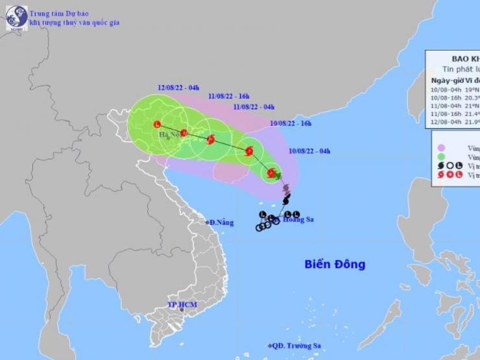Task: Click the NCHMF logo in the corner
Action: (x=17, y=18)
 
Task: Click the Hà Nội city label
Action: (x=170, y=135)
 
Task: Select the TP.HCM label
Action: (x=182, y=304)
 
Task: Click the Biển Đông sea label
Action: (x=335, y=264)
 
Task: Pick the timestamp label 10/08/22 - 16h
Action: (x=291, y=123)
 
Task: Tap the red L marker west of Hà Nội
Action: (x=157, y=124)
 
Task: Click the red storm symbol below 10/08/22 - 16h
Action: (x=249, y=151)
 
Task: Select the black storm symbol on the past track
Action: (x=286, y=201)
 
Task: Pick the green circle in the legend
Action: (x=441, y=156)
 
